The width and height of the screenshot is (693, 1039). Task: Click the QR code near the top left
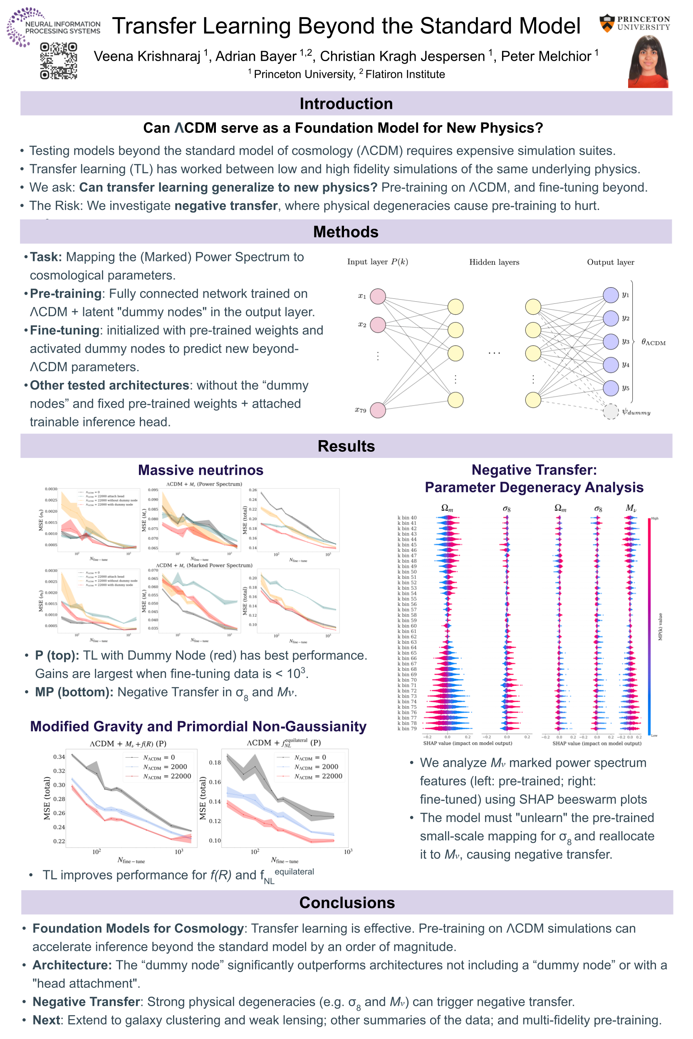pyautogui.click(x=58, y=61)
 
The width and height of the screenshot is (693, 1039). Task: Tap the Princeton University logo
pyautogui.click(x=635, y=23)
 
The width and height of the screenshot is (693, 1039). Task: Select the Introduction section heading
pyautogui.click(x=346, y=104)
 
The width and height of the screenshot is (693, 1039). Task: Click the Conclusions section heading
pyautogui.click(x=347, y=903)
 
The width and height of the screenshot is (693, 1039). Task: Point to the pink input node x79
pyautogui.click(x=377, y=410)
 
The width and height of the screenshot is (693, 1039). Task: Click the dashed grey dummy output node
pyautogui.click(x=611, y=411)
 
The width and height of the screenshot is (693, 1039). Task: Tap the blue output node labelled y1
pyautogui.click(x=611, y=295)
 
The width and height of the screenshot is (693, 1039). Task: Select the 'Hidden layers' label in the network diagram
pyautogui.click(x=494, y=262)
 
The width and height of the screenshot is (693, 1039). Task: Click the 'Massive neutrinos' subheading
pyautogui.click(x=200, y=470)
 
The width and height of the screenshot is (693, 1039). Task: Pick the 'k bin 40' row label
pyautogui.click(x=407, y=517)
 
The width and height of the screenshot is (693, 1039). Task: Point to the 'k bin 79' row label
pyautogui.click(x=407, y=729)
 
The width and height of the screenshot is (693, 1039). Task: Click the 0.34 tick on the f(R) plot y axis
pyautogui.click(x=59, y=757)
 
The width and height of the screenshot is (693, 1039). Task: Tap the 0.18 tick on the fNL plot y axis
pyautogui.click(x=215, y=763)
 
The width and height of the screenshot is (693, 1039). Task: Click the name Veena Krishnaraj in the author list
pyautogui.click(x=147, y=57)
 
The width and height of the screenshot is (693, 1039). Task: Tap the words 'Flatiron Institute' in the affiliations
pyautogui.click(x=405, y=74)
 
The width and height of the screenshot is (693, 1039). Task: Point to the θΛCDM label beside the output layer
pyautogui.click(x=653, y=342)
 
